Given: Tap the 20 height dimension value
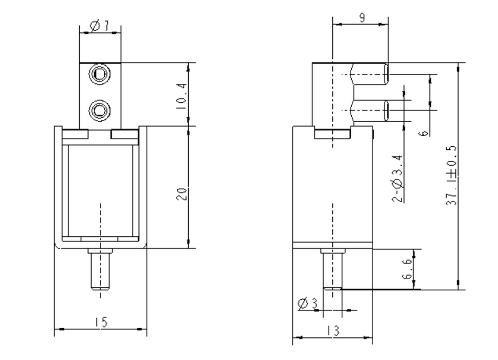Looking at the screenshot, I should coord(180,195).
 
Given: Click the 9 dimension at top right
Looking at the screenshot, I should coord(361,17).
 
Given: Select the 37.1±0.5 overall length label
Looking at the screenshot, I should coord(451,175).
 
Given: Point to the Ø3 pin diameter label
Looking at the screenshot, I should coord(307,304).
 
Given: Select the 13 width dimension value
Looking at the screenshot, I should coord(332,331).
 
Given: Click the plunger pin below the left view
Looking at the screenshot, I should coord(100,270).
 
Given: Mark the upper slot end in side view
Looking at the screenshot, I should coord(386,73).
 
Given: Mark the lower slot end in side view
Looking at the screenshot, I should coord(386,111).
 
